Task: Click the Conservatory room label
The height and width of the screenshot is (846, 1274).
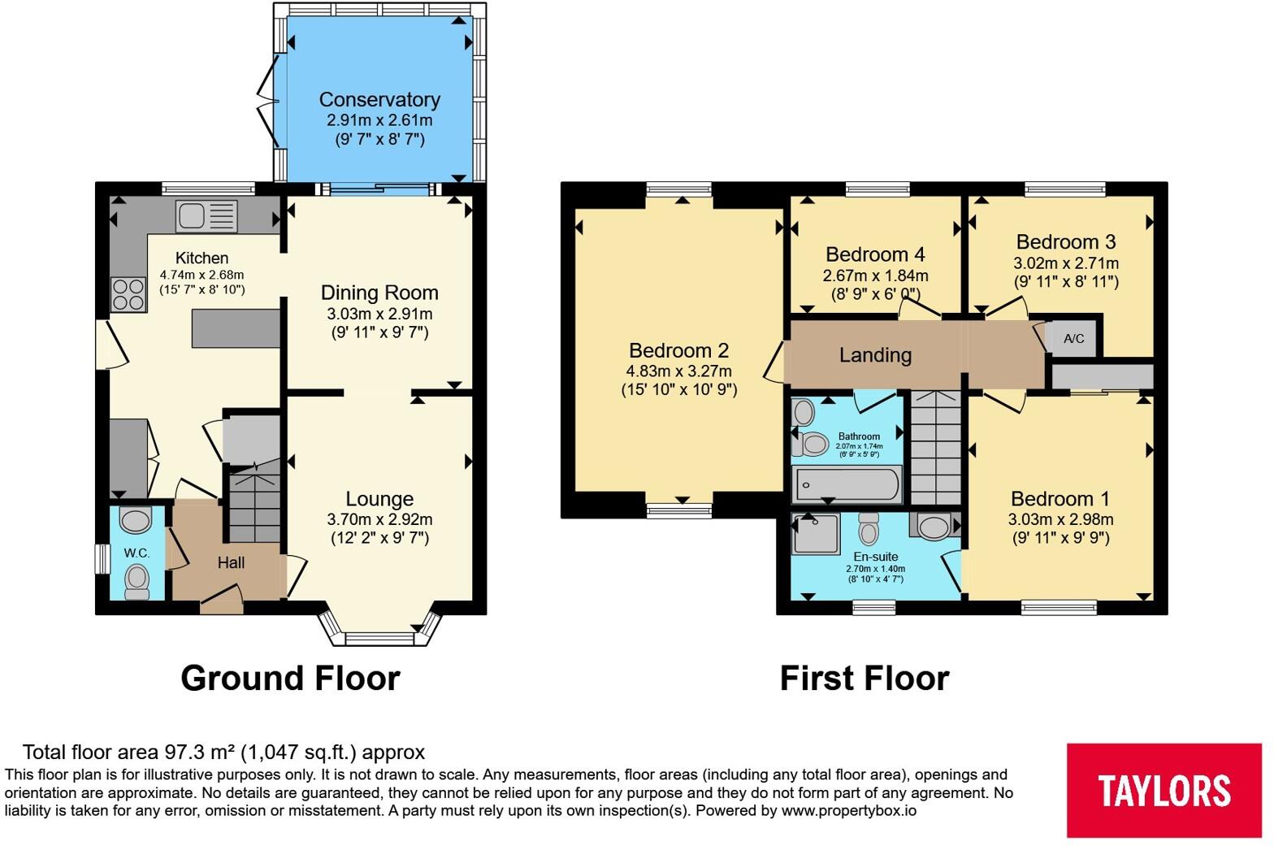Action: (x=379, y=100)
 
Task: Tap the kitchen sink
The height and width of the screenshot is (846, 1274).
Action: (x=206, y=216)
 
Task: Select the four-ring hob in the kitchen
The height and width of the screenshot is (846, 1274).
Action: (x=128, y=295)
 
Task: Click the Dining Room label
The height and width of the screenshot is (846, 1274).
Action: (x=379, y=293)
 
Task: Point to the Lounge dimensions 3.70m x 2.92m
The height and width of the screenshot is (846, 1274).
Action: (x=379, y=519)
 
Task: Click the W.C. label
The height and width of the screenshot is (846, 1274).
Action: (x=136, y=553)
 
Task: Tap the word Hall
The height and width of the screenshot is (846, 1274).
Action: (x=231, y=562)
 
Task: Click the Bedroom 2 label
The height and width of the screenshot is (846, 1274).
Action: (x=678, y=350)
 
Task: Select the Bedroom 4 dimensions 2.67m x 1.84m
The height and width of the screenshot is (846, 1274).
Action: (x=875, y=276)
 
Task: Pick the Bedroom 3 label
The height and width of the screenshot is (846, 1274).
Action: (x=1066, y=242)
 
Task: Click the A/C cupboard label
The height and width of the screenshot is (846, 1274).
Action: (x=1074, y=339)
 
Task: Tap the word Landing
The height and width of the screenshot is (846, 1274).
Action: (x=875, y=356)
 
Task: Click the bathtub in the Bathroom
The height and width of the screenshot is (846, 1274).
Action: (x=847, y=484)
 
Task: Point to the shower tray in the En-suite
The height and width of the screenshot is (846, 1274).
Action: (x=816, y=533)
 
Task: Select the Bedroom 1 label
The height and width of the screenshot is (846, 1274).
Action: (x=1060, y=499)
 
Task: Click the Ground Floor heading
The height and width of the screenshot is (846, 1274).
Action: (x=291, y=679)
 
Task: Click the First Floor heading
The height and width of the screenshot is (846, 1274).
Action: (x=864, y=679)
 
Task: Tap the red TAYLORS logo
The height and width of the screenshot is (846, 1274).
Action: (x=1163, y=790)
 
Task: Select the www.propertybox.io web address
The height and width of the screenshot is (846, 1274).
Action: (x=849, y=811)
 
